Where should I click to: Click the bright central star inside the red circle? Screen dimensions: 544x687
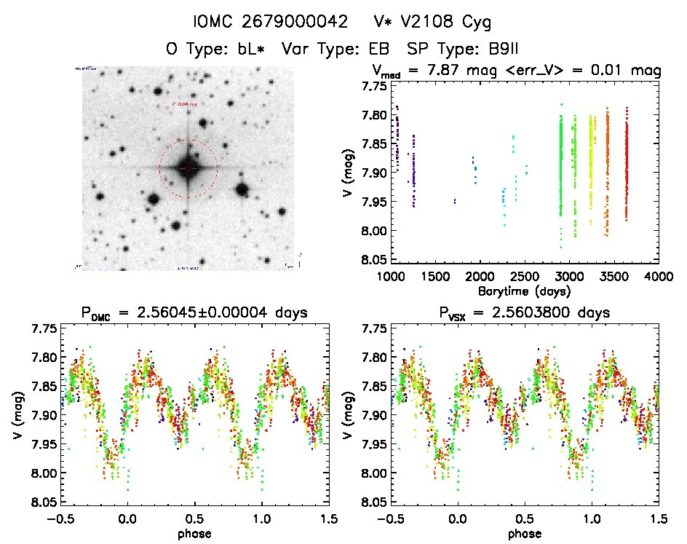click(x=188, y=168)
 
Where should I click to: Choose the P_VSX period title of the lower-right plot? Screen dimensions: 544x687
click(x=525, y=314)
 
